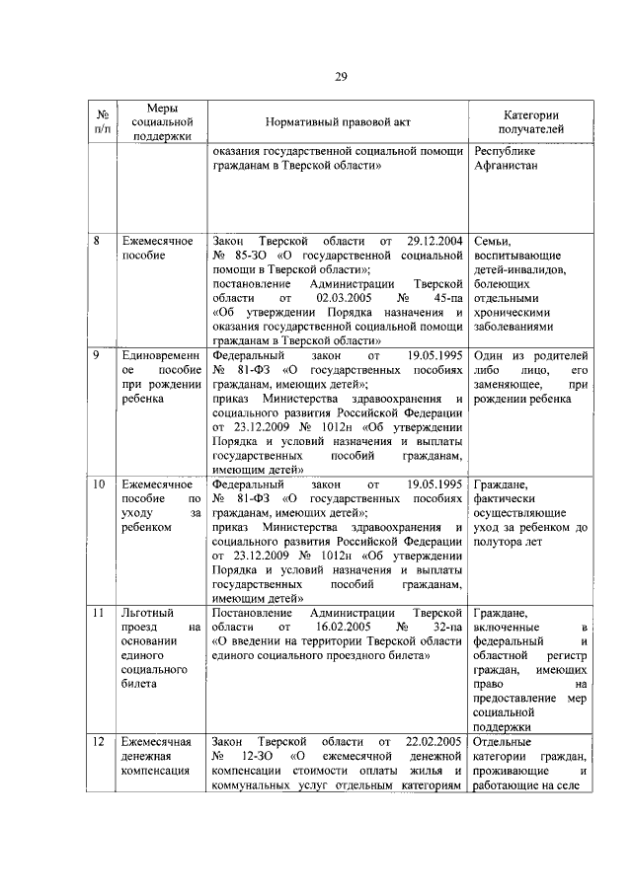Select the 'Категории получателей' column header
click(532, 121)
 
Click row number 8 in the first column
click(96, 241)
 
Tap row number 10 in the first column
click(99, 485)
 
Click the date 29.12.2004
click(431, 241)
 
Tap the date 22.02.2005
click(431, 742)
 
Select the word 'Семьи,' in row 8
click(494, 241)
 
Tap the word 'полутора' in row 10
click(502, 542)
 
